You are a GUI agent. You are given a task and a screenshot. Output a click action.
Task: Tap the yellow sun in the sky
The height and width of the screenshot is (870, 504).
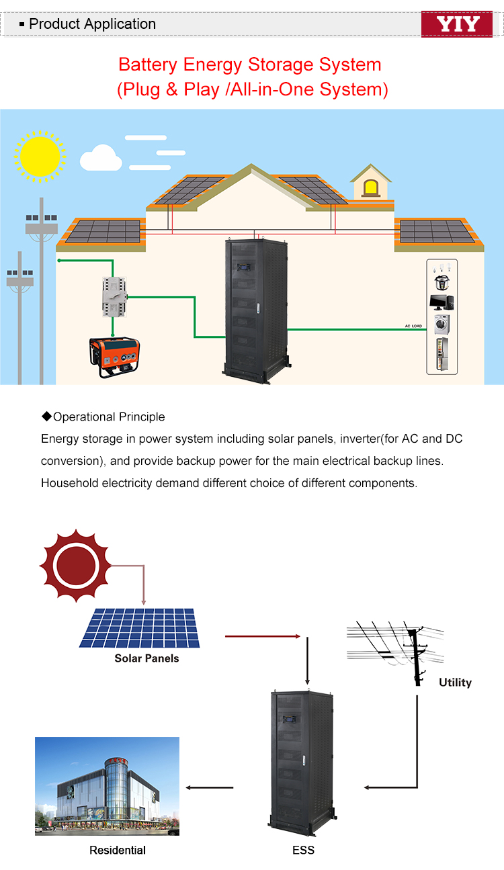[x=40, y=155]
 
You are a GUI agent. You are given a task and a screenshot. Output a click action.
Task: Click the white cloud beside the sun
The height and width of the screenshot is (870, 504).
[x=101, y=160]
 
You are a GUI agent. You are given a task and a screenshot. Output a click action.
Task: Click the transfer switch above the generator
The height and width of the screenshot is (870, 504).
[x=114, y=296]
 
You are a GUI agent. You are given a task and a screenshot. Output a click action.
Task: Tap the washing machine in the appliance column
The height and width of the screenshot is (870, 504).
[x=442, y=325]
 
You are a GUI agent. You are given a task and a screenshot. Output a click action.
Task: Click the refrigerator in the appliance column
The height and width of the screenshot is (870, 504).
[x=442, y=356]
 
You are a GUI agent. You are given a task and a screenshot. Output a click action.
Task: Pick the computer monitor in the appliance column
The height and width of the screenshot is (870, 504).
[x=442, y=301]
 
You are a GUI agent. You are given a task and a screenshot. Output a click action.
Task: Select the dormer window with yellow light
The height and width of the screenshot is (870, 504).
[x=370, y=187]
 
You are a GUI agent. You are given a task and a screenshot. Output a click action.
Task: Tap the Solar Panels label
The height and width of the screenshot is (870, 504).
[x=146, y=658]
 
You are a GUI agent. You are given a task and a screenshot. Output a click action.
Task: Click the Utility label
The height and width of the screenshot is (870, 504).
[x=455, y=683]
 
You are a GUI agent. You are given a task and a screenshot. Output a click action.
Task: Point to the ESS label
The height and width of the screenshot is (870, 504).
[x=303, y=850]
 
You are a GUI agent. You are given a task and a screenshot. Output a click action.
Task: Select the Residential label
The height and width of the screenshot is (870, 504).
[x=118, y=850]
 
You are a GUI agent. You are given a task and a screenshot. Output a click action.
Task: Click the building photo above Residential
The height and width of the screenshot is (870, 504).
[x=107, y=786]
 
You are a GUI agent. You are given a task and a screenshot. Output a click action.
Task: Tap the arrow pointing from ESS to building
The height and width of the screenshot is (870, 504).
[x=209, y=787]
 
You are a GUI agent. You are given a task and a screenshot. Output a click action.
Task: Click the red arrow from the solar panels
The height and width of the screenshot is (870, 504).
[x=262, y=636]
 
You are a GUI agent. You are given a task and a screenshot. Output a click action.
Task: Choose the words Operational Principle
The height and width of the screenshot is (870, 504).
[x=109, y=417]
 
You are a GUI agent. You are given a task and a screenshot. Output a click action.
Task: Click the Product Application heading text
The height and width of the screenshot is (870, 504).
[x=92, y=24]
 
